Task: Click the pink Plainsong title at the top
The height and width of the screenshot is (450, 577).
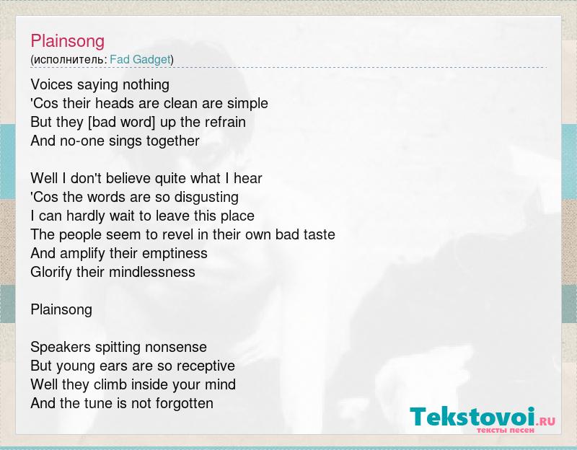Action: point(68,41)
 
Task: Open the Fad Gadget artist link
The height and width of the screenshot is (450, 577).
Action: point(140,59)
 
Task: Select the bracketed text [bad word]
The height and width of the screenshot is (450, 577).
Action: point(122,122)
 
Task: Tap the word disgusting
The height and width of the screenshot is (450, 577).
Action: point(206,198)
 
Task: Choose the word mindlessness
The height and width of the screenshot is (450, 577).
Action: point(152,273)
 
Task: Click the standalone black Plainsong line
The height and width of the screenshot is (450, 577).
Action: point(61,310)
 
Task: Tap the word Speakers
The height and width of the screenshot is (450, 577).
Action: point(61,348)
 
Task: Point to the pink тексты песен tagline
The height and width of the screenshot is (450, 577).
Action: point(506,430)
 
